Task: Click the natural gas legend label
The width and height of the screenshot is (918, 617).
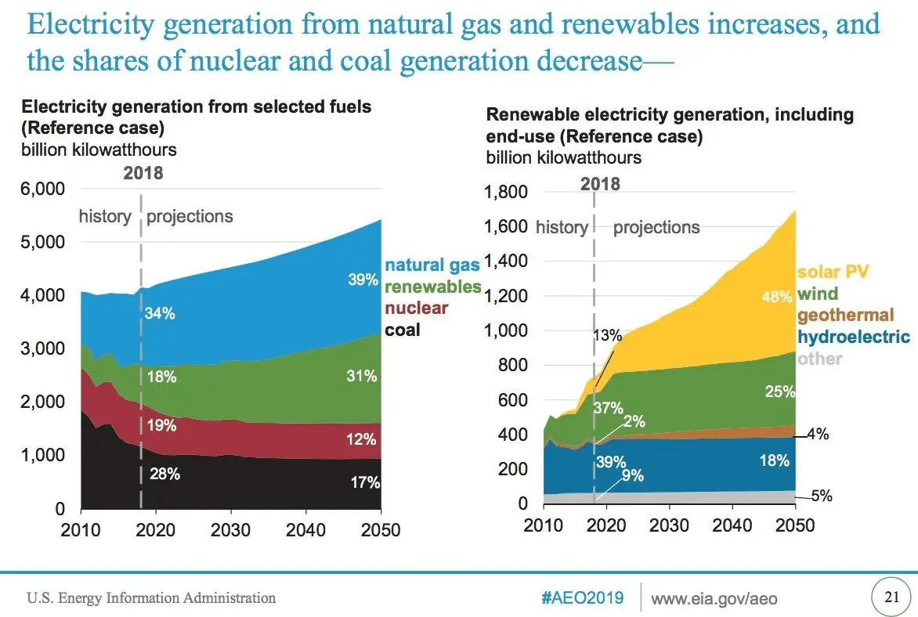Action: point(432,265)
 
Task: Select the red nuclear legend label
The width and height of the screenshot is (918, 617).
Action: point(416,308)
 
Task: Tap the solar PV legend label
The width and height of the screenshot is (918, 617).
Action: point(833,272)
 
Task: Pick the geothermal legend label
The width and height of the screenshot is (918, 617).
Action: point(845,316)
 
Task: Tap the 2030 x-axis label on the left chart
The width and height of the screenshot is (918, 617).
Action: point(229,530)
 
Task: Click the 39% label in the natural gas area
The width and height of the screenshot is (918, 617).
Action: point(363,280)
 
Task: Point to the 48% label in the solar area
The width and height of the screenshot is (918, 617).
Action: point(777,298)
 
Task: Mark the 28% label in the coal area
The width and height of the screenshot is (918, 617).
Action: point(165,474)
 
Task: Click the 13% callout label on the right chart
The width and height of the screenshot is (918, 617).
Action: point(607,336)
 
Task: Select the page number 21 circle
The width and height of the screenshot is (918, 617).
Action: point(891,597)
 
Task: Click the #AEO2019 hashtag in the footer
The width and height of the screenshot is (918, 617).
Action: point(583,598)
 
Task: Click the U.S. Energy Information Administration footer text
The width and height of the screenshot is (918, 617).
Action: point(151,598)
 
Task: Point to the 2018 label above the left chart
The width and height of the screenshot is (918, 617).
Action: point(143,173)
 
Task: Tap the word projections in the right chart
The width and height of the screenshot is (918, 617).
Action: point(656,228)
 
